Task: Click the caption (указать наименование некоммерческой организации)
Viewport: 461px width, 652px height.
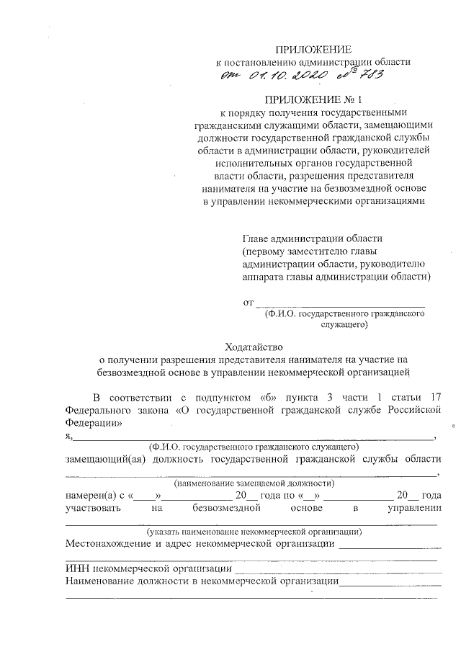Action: [x=254, y=532]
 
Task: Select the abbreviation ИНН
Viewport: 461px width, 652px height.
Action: [x=77, y=569]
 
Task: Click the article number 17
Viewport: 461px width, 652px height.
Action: [x=434, y=397]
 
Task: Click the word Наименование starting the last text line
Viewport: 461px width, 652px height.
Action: [x=103, y=581]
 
